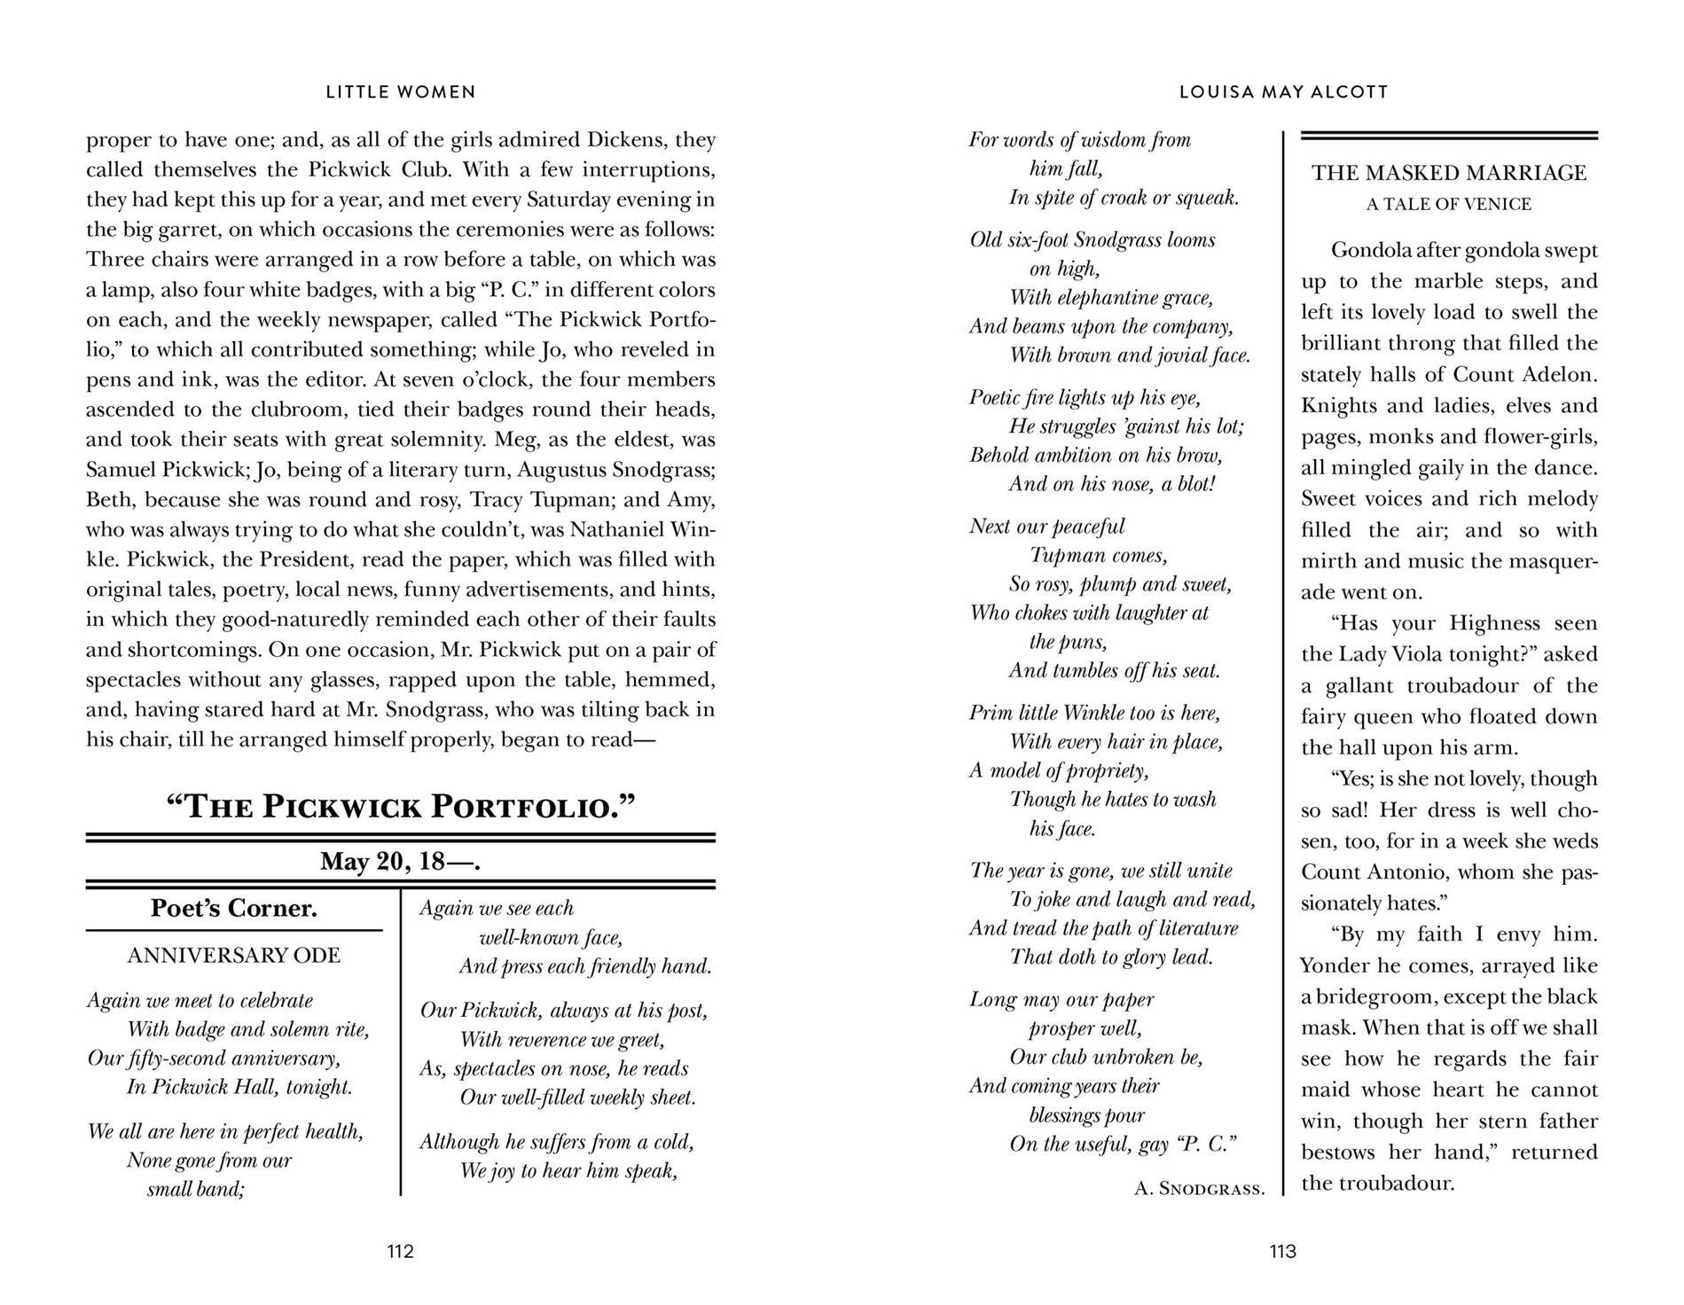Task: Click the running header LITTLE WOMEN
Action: point(401,91)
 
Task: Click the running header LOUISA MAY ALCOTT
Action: point(1283,91)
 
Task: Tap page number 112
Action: point(400,1251)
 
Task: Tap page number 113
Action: point(1282,1251)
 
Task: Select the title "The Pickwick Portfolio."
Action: point(401,807)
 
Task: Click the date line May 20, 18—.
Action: point(401,861)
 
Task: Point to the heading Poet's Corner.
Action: point(234,908)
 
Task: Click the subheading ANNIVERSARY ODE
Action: point(234,955)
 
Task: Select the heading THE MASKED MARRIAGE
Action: point(1449,172)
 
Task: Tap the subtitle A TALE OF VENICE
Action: point(1449,204)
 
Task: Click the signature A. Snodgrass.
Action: point(1199,1188)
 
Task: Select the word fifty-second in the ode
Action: point(187,1059)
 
